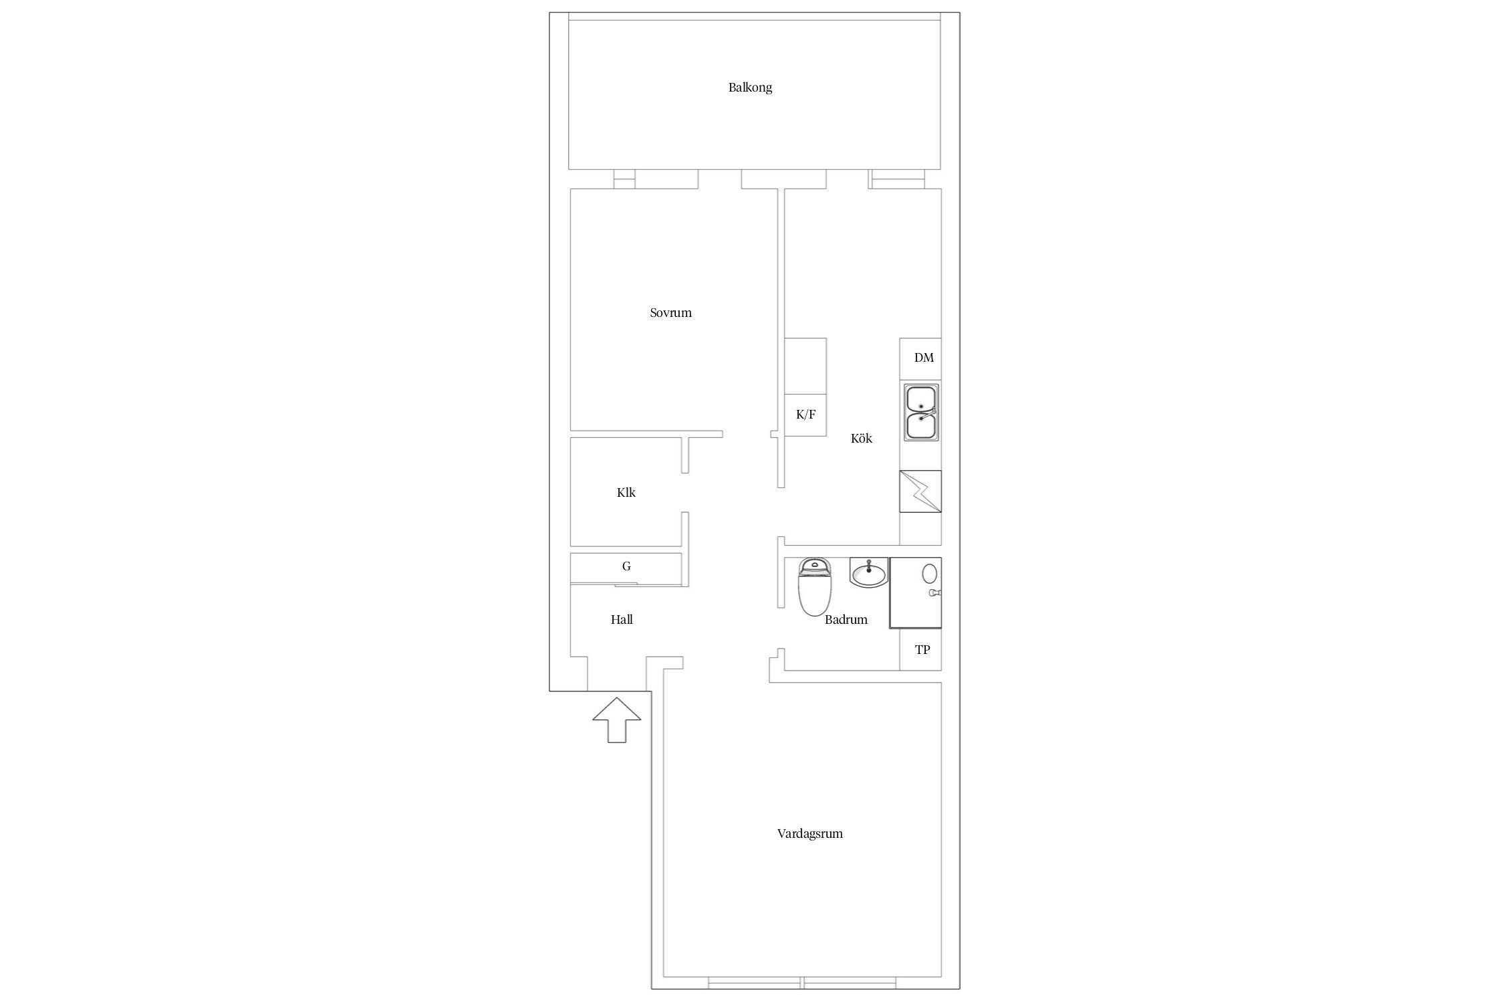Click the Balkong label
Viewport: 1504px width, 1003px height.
tap(750, 88)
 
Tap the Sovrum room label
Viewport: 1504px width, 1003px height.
tap(670, 312)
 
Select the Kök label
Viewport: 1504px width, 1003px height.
tap(861, 439)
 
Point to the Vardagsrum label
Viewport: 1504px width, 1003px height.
tap(809, 834)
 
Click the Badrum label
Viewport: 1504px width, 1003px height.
tap(846, 620)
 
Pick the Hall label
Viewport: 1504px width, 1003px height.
tap(622, 620)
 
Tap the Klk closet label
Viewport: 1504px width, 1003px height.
tap(626, 493)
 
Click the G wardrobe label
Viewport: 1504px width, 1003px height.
tap(626, 566)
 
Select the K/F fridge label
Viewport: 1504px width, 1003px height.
tap(805, 415)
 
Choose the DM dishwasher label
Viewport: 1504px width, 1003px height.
tap(924, 358)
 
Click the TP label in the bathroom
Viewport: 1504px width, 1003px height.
tap(922, 649)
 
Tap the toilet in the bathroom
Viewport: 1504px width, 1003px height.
tap(815, 586)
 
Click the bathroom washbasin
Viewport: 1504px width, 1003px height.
tap(868, 572)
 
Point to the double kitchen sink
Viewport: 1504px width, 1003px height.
tap(921, 412)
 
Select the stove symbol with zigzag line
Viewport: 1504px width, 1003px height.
tap(920, 491)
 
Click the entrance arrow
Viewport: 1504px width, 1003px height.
tap(616, 720)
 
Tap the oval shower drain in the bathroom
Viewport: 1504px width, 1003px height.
tap(929, 573)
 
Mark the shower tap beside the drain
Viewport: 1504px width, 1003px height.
tap(934, 593)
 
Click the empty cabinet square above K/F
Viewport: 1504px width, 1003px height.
tap(805, 366)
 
